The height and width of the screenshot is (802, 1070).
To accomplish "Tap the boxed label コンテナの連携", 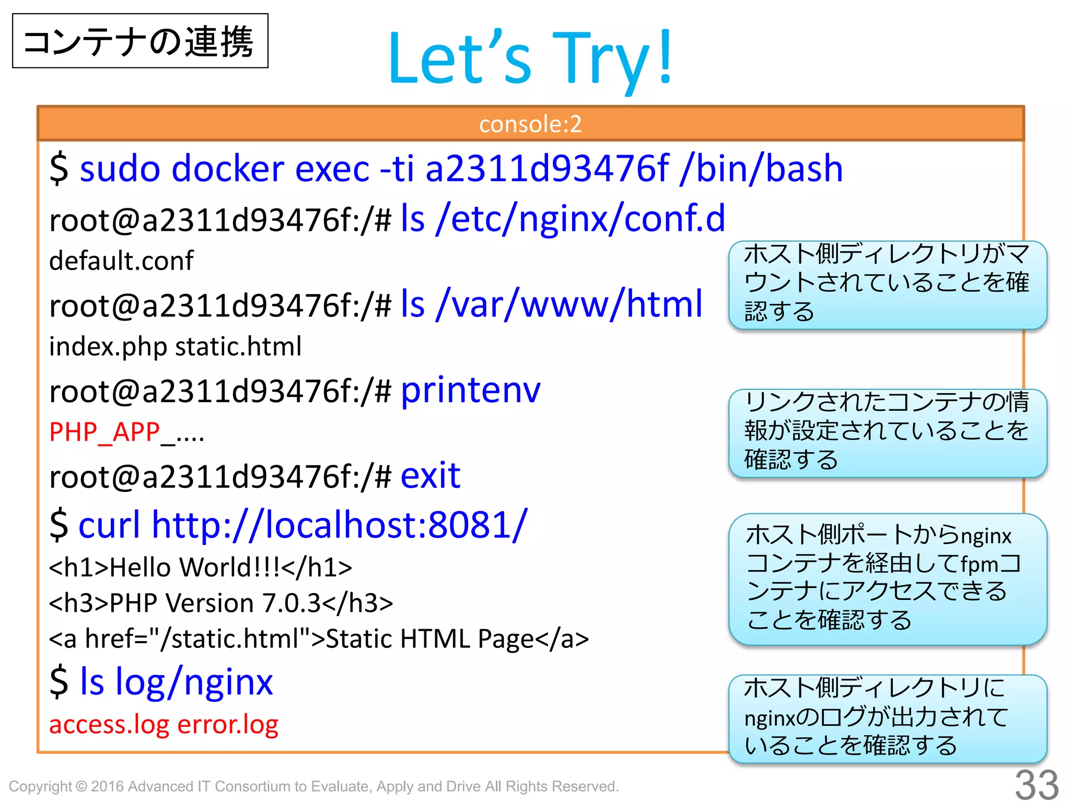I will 139,41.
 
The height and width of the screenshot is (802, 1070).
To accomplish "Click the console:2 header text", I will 530,124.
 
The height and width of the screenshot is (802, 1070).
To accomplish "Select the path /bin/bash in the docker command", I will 762,169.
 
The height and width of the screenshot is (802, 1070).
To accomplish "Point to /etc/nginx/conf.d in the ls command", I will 580,218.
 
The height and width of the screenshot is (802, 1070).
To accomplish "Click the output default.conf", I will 121,261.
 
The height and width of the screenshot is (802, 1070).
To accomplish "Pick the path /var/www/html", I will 570,304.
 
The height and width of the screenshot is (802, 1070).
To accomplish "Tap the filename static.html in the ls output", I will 238,346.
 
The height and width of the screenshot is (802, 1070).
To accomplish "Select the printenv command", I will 470,390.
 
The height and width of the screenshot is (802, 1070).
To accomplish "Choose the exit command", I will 431,476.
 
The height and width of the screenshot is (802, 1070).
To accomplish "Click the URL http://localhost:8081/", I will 339,524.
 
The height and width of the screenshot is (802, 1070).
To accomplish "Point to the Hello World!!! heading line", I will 201,568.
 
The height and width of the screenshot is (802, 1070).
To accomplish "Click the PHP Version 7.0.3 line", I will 220,603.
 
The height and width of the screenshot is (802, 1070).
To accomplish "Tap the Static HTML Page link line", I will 319,639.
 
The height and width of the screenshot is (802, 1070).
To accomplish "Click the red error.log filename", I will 228,724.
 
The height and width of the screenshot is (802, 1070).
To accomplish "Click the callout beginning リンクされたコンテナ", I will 887,431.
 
